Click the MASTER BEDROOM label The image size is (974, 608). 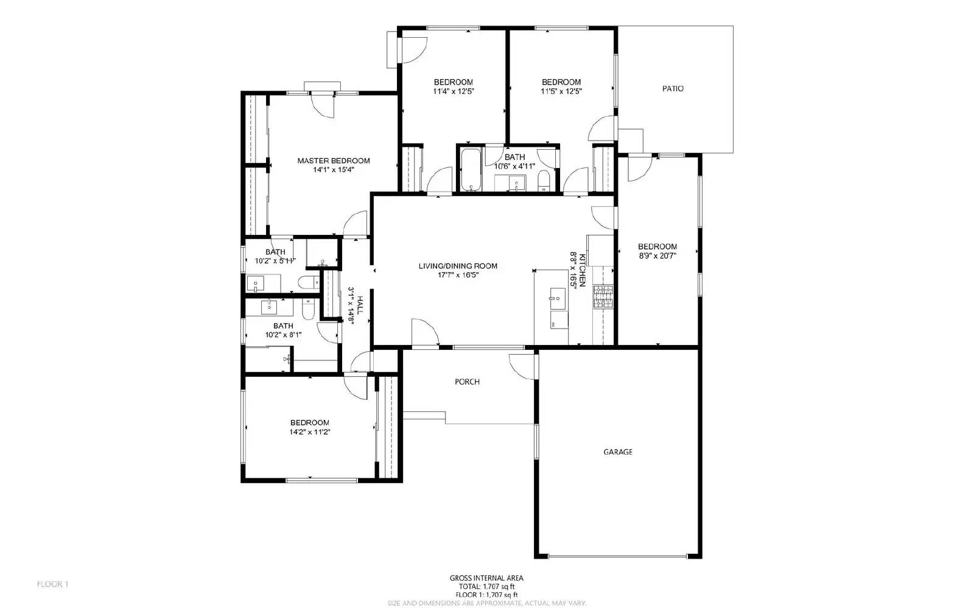pyautogui.click(x=333, y=161)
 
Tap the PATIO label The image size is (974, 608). pyautogui.click(x=673, y=88)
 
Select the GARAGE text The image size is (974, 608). pyautogui.click(x=618, y=452)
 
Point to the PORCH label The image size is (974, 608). pyautogui.click(x=467, y=382)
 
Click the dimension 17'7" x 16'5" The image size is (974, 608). pyautogui.click(x=458, y=275)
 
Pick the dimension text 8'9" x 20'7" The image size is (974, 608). pyautogui.click(x=657, y=256)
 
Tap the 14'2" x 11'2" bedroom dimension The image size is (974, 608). pyautogui.click(x=310, y=432)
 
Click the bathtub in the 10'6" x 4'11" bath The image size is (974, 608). pyautogui.click(x=471, y=169)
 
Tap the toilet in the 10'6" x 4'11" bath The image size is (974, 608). pyautogui.click(x=544, y=181)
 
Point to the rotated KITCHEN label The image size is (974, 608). pyautogui.click(x=582, y=270)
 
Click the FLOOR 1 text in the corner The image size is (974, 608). pyautogui.click(x=52, y=584)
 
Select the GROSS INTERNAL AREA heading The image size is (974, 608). pyautogui.click(x=486, y=578)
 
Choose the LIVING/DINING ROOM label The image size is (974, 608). pyautogui.click(x=458, y=265)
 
